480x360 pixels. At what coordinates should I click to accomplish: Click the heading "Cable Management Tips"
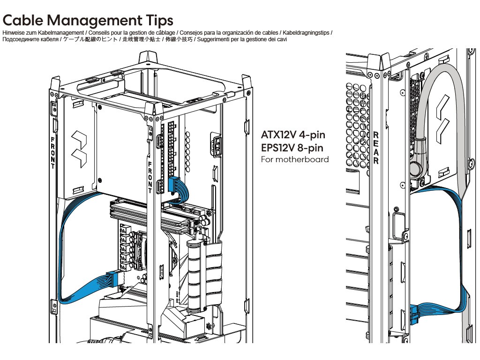click(x=88, y=20)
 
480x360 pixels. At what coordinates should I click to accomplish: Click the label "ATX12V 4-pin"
click(x=293, y=135)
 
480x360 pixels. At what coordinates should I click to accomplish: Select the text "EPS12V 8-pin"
click(x=293, y=148)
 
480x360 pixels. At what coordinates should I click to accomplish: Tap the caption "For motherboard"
click(x=295, y=159)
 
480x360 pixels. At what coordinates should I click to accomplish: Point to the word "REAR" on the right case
click(x=376, y=148)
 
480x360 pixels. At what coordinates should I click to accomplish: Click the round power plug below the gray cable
click(x=416, y=169)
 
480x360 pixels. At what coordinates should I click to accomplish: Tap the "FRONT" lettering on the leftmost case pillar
click(x=53, y=153)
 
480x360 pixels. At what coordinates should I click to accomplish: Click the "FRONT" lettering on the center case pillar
click(x=150, y=177)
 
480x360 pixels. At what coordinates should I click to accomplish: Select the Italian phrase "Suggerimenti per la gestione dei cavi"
click(x=247, y=39)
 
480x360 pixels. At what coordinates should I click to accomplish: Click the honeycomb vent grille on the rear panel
click(x=358, y=122)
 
